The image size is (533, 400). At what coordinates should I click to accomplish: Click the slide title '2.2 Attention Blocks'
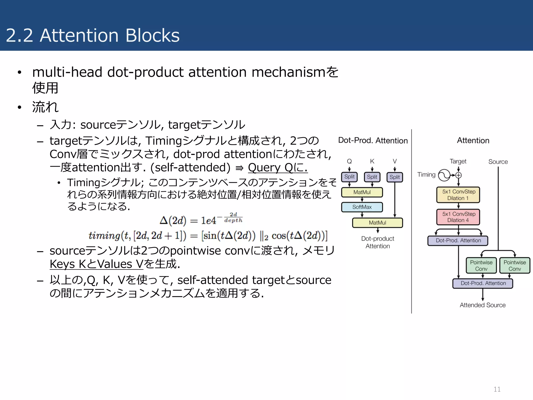(x=93, y=35)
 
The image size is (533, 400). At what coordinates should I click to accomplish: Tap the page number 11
(x=497, y=389)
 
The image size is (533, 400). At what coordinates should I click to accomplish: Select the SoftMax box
(x=362, y=207)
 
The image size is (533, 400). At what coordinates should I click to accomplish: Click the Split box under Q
(x=349, y=177)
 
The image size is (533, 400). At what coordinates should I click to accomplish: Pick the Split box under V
(x=395, y=177)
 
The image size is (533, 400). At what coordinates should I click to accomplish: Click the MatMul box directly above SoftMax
(x=362, y=192)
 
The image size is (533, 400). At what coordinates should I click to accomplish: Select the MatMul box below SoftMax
(x=377, y=223)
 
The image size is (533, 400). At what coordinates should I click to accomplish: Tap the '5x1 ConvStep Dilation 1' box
(x=458, y=195)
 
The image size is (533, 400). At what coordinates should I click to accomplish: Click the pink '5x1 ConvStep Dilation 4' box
(x=458, y=217)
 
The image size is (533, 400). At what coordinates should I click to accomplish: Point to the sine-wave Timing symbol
(x=444, y=175)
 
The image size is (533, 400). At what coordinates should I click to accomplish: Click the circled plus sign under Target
(x=458, y=175)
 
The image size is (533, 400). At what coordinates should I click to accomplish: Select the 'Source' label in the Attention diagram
(x=498, y=162)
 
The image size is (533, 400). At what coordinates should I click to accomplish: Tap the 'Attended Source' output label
(x=483, y=305)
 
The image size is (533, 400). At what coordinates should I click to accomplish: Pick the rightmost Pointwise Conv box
(x=515, y=265)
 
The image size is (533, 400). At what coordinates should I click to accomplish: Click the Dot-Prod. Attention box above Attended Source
(x=483, y=283)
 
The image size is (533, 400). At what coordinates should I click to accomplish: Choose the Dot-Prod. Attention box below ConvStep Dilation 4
(x=458, y=240)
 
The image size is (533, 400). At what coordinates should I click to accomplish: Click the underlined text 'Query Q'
(x=271, y=168)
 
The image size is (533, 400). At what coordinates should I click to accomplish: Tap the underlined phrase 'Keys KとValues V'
(x=96, y=264)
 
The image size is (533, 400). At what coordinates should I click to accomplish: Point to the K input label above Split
(x=372, y=161)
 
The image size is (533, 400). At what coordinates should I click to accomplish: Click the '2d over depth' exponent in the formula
(x=233, y=217)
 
